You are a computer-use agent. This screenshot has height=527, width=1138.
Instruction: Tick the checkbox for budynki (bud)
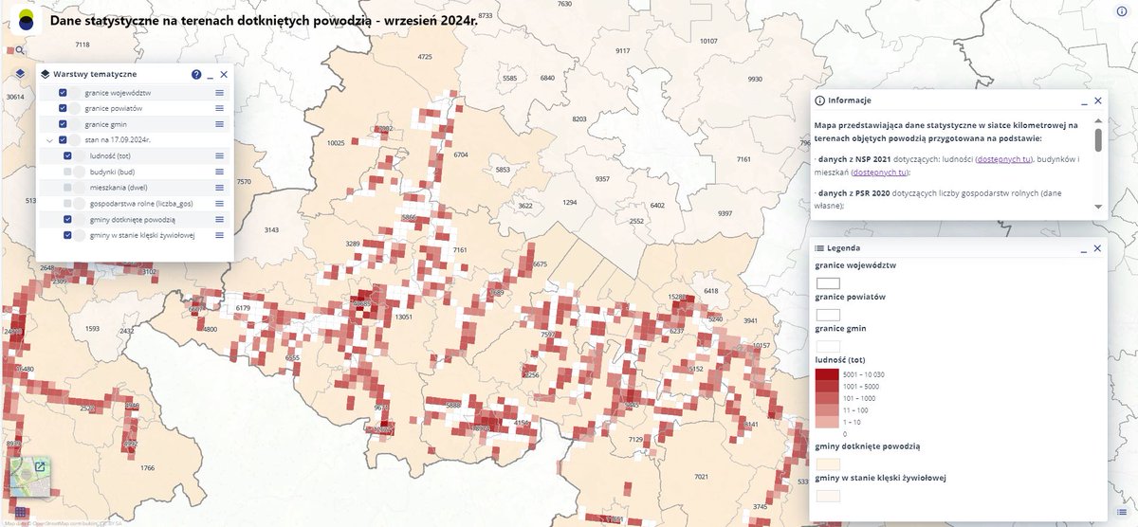[67, 172]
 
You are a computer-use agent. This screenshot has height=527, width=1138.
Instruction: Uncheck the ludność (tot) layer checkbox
[67, 155]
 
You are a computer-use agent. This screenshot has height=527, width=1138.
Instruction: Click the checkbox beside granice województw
[63, 93]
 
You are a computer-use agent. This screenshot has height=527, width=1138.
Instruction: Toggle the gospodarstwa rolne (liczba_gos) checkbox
[67, 203]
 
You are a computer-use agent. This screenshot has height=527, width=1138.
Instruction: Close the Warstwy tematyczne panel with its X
[224, 74]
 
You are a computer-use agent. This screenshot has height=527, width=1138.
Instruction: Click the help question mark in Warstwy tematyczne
[196, 74]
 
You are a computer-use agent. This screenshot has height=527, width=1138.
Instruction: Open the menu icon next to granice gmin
[219, 124]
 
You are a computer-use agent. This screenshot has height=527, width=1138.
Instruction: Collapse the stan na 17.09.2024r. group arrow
[48, 140]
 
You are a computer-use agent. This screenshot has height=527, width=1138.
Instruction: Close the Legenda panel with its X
[1098, 247]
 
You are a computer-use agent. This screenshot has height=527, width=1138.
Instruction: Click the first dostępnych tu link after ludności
[1003, 159]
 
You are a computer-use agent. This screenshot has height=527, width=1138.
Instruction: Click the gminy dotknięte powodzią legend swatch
[828, 463]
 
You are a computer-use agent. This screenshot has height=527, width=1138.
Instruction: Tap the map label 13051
[404, 317]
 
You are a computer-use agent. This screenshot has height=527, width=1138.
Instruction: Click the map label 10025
[335, 143]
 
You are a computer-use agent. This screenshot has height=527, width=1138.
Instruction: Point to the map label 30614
[13, 97]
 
